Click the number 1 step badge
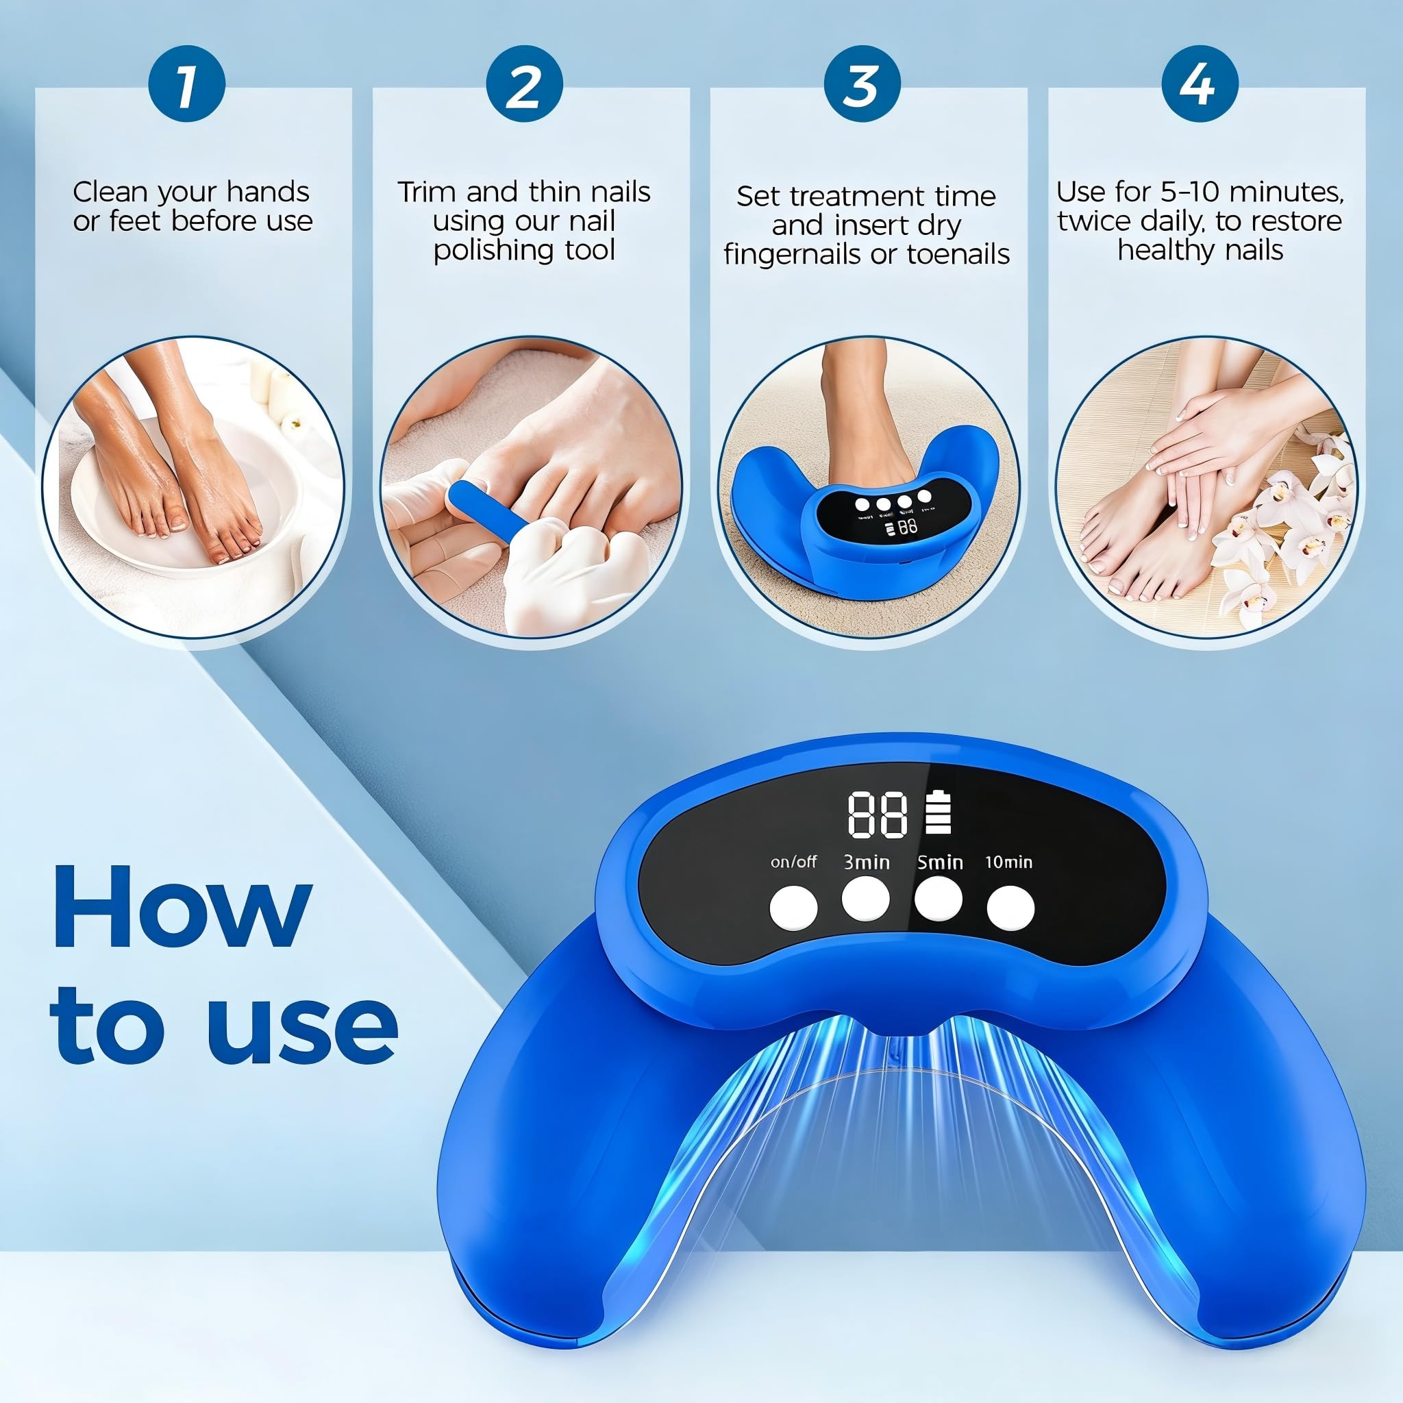point(186,84)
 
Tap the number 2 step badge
point(524,84)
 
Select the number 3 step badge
point(862,84)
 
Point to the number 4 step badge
point(1200,84)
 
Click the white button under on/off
point(793,908)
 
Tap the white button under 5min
point(939,899)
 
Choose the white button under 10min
point(1010,908)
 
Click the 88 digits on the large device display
point(878,815)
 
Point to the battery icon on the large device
point(938,812)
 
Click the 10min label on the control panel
point(1008,862)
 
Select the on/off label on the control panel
point(793,862)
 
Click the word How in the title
point(182,908)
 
